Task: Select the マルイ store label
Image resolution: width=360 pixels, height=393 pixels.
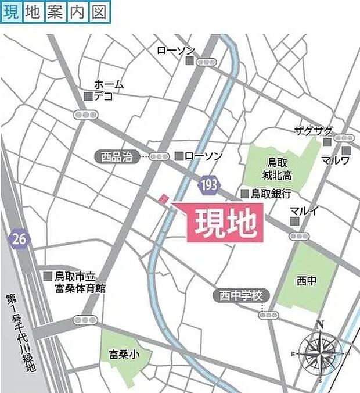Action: tap(304, 211)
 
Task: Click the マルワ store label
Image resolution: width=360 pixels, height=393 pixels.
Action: tap(336, 160)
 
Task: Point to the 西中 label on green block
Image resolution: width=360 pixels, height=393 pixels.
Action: tap(307, 281)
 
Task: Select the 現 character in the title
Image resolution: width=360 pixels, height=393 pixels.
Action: tap(11, 12)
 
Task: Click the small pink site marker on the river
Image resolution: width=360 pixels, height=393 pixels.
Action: tap(164, 199)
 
